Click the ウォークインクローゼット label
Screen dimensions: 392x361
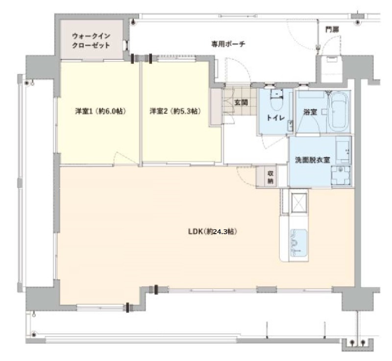(91, 41)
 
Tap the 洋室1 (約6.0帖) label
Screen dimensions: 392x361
(100, 111)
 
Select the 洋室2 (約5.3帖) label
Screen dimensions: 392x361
(175, 111)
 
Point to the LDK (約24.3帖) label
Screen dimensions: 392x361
(213, 232)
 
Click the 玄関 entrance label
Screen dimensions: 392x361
(241, 102)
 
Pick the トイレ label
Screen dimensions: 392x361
(275, 118)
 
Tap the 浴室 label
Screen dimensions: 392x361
(310, 112)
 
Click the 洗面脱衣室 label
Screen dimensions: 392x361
(313, 160)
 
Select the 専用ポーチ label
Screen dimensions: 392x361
(228, 44)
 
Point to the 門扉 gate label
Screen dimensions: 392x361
(332, 30)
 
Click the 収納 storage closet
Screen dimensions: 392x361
(267, 177)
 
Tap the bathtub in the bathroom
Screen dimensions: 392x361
(339, 112)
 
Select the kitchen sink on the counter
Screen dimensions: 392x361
(299, 242)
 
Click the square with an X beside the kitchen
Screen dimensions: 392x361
(298, 203)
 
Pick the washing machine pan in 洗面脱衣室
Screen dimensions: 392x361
(341, 175)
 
